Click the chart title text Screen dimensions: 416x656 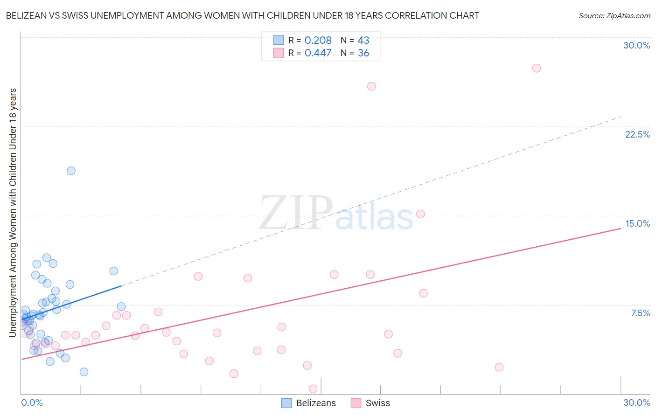(242, 15)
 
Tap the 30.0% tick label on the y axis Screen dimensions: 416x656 (636, 45)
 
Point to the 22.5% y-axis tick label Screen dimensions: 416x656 (637, 134)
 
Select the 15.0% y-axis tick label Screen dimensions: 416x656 (637, 223)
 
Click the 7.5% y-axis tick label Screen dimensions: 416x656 (640, 313)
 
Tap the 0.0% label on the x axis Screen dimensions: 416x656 (32, 402)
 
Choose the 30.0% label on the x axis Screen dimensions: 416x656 (636, 402)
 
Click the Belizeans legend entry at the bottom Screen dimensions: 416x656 (309, 403)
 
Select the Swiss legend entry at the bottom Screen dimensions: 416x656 (370, 403)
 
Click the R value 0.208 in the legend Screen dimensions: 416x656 (318, 41)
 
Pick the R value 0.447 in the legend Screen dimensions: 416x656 (318, 53)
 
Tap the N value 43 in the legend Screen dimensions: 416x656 (363, 41)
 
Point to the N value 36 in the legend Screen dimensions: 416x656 (363, 53)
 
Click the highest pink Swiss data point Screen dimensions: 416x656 (537, 68)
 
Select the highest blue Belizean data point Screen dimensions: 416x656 (71, 171)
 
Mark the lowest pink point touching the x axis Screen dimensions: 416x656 (313, 389)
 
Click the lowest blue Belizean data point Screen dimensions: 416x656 (84, 372)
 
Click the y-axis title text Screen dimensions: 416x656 (13, 212)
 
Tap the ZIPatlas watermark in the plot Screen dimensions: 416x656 (336, 214)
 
